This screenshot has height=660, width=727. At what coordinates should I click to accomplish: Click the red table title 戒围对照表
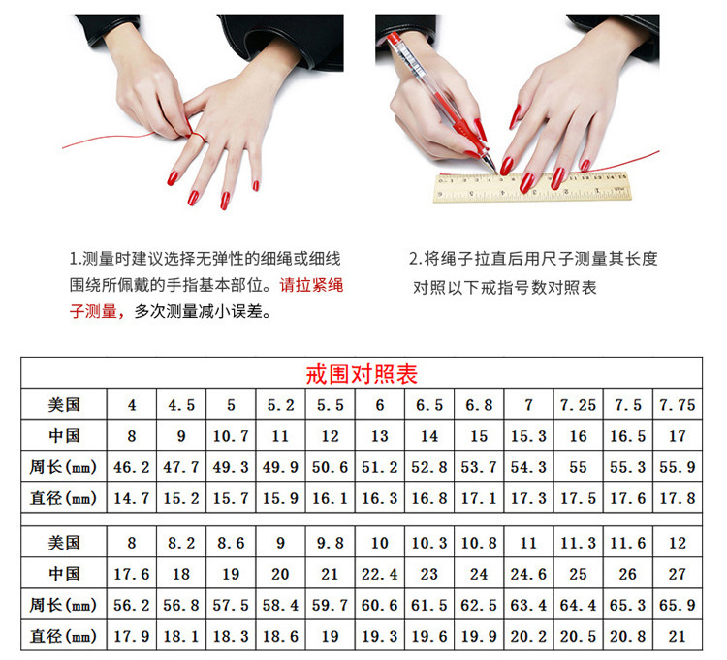[362, 374]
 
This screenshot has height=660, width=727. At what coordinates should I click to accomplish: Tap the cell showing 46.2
[132, 468]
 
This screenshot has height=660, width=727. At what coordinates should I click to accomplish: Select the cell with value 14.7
[132, 499]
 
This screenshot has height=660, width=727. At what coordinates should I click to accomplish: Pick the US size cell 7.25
[578, 405]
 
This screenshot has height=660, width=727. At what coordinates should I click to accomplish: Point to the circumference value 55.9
[677, 468]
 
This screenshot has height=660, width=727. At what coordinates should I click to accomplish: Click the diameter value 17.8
[677, 499]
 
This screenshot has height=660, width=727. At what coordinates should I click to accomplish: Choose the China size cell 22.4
[379, 574]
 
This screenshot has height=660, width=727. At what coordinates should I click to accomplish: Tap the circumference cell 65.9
[677, 606]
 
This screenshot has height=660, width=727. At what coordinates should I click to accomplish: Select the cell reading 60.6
[379, 606]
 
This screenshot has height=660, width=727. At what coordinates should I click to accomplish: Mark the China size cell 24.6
[527, 574]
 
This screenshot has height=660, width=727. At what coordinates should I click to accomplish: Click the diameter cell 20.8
[627, 637]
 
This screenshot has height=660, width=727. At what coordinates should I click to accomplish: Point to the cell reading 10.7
[231, 437]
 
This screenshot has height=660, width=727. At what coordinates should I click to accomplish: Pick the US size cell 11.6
[627, 543]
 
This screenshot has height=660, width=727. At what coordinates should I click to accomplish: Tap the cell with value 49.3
[231, 468]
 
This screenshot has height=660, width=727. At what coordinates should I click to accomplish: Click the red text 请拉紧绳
[311, 286]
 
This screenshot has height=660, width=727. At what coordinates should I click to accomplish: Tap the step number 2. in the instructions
[415, 259]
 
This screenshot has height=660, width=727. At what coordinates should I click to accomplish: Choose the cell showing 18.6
[280, 637]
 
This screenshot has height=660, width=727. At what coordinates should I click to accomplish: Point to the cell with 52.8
[428, 468]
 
